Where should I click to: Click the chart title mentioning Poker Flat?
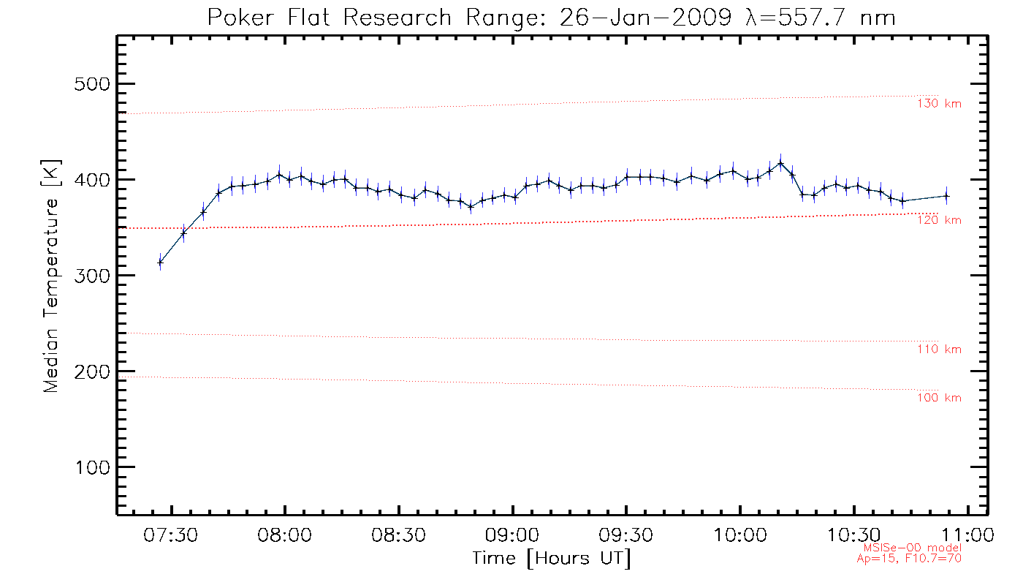[x=552, y=18]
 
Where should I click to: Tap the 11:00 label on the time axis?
[x=967, y=536]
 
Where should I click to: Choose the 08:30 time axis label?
[x=399, y=536]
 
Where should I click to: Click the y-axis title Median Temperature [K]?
[x=51, y=276]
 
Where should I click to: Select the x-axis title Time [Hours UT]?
[x=552, y=559]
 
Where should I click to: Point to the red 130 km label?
[x=939, y=104]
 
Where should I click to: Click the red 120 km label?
[x=939, y=220]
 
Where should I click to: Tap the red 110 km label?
[x=939, y=350]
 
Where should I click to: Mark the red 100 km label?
[x=939, y=398]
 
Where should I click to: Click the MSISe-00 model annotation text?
[x=912, y=548]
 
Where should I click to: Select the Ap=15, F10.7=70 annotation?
[x=909, y=558]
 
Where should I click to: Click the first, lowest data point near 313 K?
[x=160, y=262]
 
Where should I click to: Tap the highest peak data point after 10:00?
[x=780, y=162]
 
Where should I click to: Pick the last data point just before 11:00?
[x=946, y=195]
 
